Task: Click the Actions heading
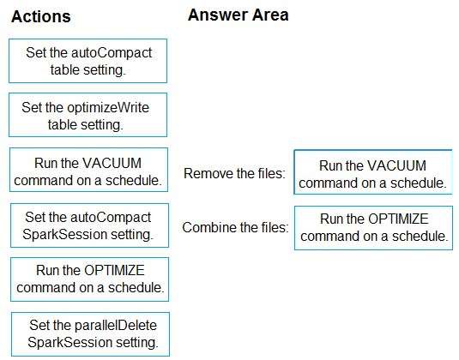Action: click(41, 16)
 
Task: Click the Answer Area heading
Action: click(239, 15)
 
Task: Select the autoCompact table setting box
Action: click(88, 61)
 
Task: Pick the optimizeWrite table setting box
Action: click(88, 115)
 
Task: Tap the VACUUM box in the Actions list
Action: click(88, 170)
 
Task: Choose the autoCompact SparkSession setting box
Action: click(89, 225)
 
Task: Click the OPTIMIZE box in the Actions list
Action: click(89, 279)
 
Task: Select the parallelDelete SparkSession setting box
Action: click(90, 334)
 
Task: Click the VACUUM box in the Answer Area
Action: click(373, 172)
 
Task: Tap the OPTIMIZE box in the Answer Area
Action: click(373, 228)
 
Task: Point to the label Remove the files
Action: click(234, 173)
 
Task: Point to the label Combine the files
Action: click(235, 227)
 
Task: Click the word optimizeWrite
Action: click(108, 108)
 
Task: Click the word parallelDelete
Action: click(116, 325)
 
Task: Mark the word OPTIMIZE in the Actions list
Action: click(114, 270)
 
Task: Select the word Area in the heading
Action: click(270, 15)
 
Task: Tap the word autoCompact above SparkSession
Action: click(111, 218)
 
